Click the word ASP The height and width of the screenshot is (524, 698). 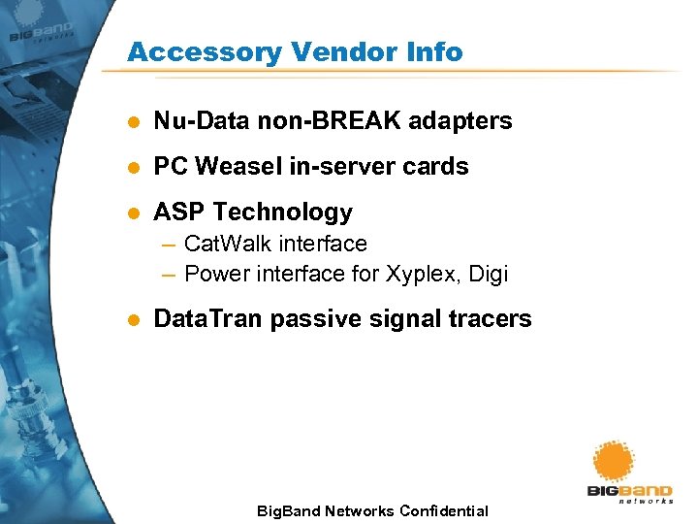pos(179,212)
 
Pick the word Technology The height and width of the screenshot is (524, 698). pos(282,212)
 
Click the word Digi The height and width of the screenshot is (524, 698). pos(488,275)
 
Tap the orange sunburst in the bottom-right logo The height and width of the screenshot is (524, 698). pos(614,461)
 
